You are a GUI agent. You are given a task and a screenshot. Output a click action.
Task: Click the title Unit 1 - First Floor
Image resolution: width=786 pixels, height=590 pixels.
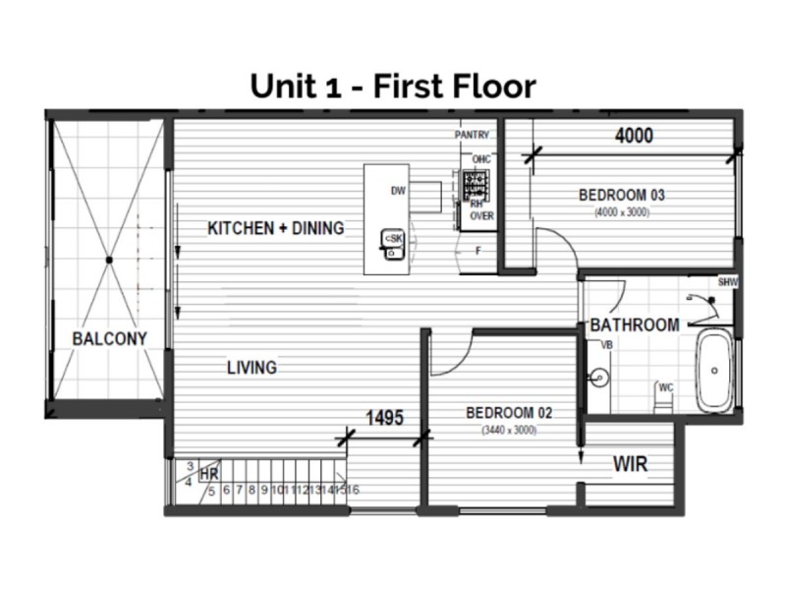(393, 86)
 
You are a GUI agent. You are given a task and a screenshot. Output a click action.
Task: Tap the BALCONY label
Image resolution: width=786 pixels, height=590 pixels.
(109, 338)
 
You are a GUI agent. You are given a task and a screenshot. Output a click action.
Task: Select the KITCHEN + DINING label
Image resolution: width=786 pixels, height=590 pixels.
(276, 228)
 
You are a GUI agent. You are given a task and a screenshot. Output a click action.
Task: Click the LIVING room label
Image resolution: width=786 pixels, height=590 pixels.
(252, 368)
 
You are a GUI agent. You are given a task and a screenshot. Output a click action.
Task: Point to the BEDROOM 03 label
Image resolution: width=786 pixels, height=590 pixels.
(622, 195)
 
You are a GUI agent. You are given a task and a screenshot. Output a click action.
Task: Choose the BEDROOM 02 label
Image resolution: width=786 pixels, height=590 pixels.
(509, 413)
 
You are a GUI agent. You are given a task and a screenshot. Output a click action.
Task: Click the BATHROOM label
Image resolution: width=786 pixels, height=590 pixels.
(634, 325)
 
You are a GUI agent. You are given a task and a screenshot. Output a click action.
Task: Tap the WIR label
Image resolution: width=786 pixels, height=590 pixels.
(630, 463)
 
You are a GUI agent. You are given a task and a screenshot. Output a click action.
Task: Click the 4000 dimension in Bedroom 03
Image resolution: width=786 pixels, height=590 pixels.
(634, 137)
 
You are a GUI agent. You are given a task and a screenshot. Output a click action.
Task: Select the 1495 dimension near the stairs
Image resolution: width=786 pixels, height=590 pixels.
(385, 418)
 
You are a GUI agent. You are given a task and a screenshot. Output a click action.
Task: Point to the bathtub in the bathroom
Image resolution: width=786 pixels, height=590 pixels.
(714, 372)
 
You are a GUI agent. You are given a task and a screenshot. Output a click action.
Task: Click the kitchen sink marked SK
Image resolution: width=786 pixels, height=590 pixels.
(393, 240)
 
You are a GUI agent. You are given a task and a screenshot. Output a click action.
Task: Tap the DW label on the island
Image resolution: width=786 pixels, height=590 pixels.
(398, 191)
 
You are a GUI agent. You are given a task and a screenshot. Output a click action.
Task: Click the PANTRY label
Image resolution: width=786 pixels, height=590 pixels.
(473, 134)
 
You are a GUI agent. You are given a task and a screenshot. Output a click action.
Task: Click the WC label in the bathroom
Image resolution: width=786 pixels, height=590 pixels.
(665, 386)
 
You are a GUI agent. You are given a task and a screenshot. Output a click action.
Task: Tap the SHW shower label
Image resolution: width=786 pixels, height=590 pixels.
(727, 282)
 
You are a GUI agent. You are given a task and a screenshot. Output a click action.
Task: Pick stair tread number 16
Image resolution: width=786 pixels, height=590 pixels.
(353, 489)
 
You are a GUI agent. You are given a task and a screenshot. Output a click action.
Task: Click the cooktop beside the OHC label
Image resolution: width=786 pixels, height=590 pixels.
(477, 183)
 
